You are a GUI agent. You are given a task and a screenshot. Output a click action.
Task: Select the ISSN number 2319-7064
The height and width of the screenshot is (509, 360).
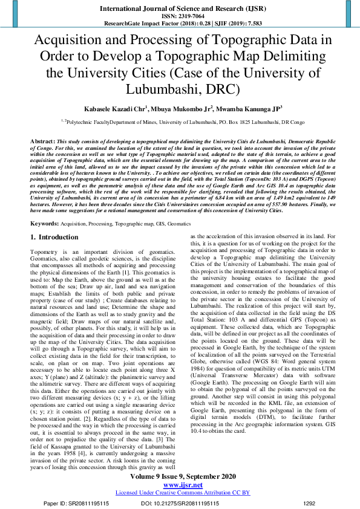(x=180, y=16)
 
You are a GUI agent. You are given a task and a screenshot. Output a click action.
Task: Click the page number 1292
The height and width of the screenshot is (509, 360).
(x=309, y=502)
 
